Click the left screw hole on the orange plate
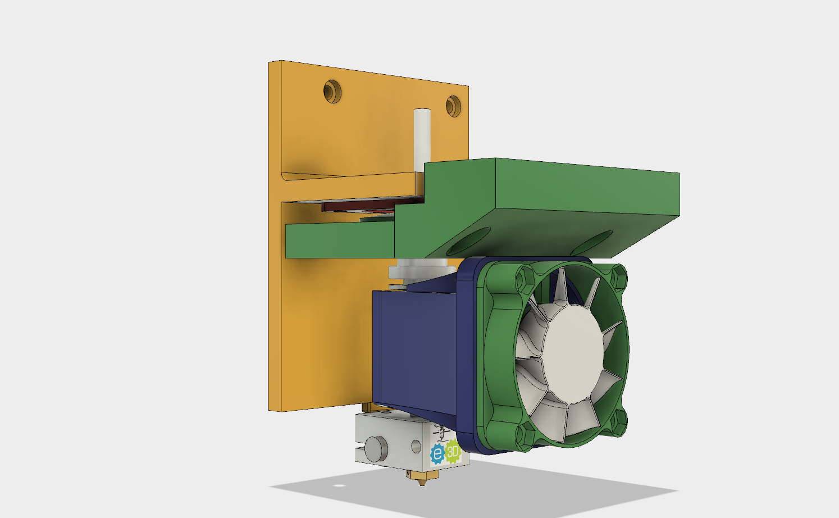332,91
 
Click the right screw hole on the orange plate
453,106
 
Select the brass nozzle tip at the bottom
422,479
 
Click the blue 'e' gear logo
437,454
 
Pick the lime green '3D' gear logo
453,451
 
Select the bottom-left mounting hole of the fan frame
526,435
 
